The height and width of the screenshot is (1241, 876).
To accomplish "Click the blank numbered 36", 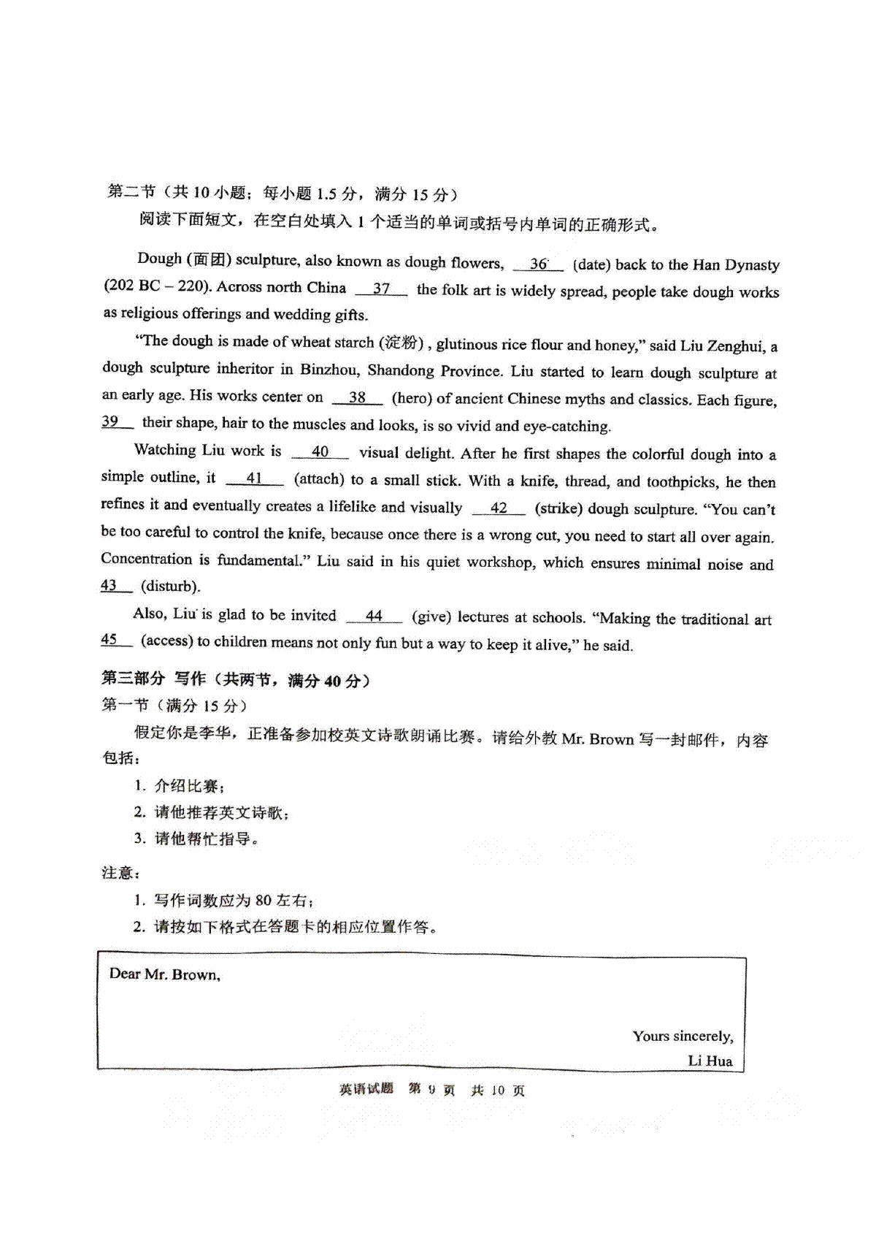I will click(x=538, y=264).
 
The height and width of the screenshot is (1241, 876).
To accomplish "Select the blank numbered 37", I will click(x=381, y=289).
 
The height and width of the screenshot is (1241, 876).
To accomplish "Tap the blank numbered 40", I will click(x=320, y=452).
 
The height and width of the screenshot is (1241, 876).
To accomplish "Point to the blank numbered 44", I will click(x=374, y=616).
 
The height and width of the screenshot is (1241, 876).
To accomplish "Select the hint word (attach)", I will click(x=319, y=480).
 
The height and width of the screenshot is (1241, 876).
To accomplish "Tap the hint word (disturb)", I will click(x=170, y=587).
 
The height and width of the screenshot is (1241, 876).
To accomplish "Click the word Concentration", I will click(x=146, y=560).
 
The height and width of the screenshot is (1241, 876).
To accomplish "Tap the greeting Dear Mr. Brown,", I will click(x=164, y=974).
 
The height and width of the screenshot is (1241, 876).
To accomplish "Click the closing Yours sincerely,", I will click(x=683, y=1036).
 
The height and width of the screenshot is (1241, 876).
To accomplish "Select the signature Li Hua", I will click(x=710, y=1061).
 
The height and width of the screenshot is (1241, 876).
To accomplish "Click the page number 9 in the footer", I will click(x=431, y=1090).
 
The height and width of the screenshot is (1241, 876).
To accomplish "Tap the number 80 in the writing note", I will click(x=263, y=901).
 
